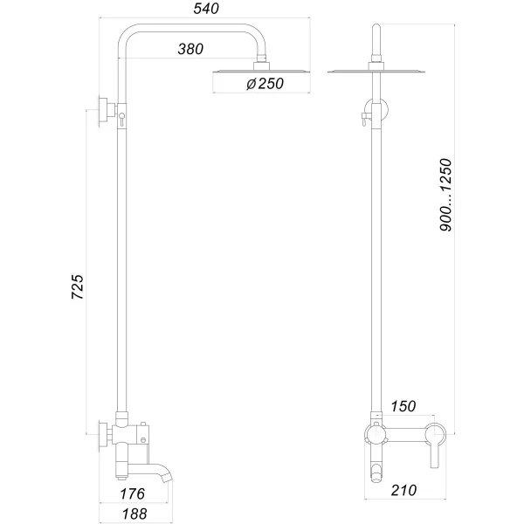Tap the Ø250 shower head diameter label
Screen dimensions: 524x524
click(262, 85)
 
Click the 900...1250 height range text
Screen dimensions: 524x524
click(446, 194)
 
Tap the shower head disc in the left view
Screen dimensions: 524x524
click(259, 71)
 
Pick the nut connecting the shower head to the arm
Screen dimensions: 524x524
click(259, 63)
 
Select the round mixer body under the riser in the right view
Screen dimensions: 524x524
click(376, 433)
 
